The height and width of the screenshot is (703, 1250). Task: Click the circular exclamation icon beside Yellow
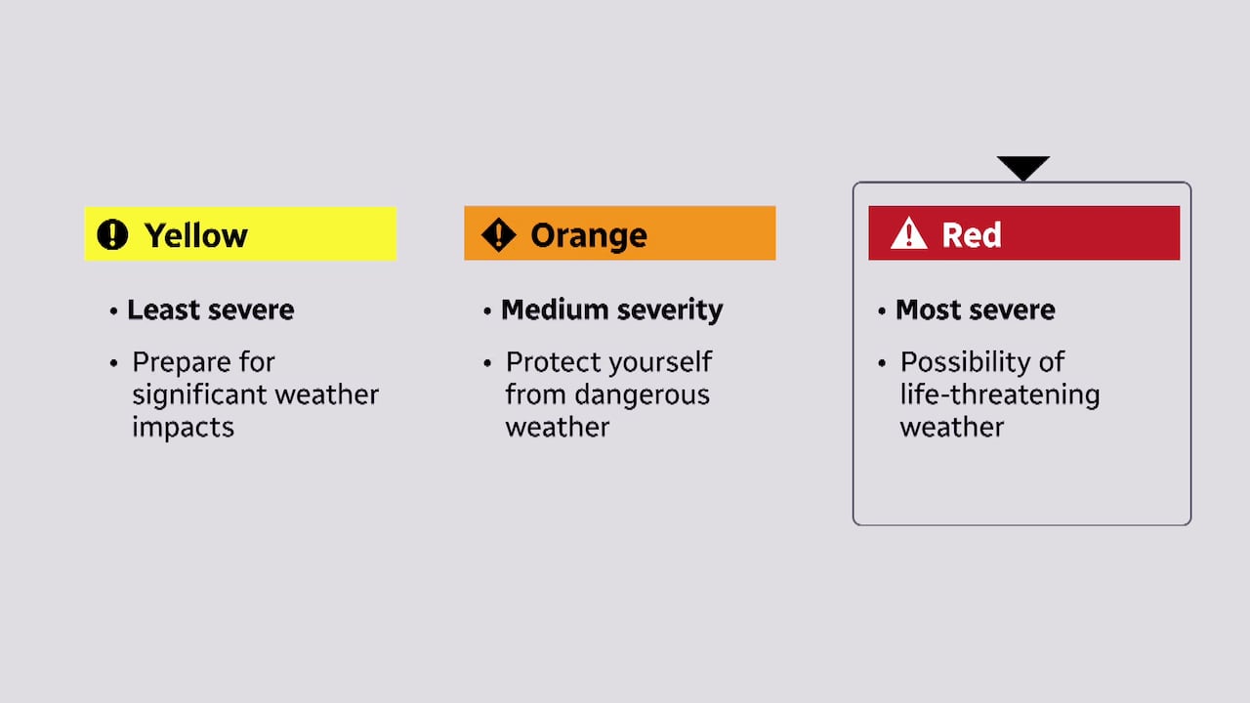pyautogui.click(x=112, y=234)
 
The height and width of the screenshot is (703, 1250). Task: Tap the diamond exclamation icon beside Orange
pyautogui.click(x=498, y=234)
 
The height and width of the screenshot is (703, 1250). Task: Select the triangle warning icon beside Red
pyautogui.click(x=908, y=234)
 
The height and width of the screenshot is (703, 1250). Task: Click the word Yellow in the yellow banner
pyautogui.click(x=195, y=235)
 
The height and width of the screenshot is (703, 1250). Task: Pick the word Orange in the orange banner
pyautogui.click(x=588, y=235)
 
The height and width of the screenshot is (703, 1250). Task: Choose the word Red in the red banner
pyautogui.click(x=971, y=235)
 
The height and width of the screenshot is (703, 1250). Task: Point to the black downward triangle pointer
pyautogui.click(x=1022, y=167)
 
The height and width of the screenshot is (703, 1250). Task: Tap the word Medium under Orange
pyautogui.click(x=549, y=310)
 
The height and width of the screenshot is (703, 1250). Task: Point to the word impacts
pyautogui.click(x=183, y=428)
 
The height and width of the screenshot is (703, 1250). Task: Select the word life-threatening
pyautogui.click(x=999, y=395)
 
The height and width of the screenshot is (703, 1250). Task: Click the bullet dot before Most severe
pyautogui.click(x=883, y=311)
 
